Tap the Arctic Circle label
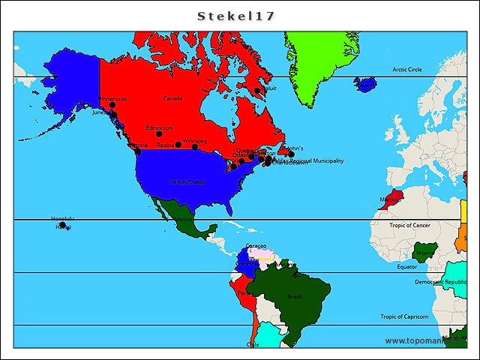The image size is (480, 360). (x=406, y=70)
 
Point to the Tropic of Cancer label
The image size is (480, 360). (x=409, y=225)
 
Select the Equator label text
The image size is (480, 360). (x=407, y=266)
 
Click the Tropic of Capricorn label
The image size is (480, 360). (x=404, y=316)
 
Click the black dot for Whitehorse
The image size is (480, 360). (x=112, y=106)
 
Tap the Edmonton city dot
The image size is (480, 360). (x=159, y=134)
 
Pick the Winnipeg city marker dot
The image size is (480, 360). (x=195, y=146)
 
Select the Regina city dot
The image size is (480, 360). (x=178, y=144)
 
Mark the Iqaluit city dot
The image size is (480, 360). (x=257, y=91)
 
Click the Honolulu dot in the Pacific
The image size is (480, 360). (x=63, y=224)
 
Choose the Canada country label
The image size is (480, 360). (x=172, y=98)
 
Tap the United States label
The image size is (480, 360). (x=187, y=181)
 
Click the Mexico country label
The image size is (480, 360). (x=183, y=219)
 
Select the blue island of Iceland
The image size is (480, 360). (x=366, y=84)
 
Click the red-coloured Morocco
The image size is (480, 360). (x=391, y=199)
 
